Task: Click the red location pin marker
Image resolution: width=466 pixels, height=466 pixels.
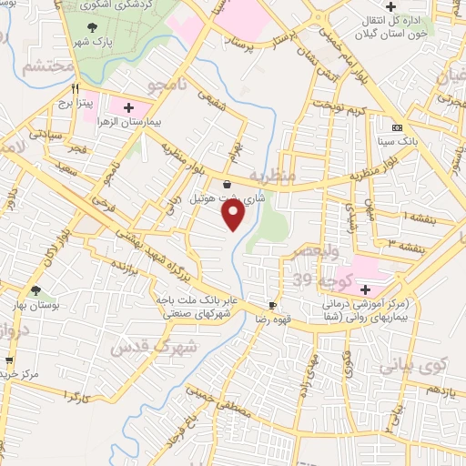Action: (x=233, y=216)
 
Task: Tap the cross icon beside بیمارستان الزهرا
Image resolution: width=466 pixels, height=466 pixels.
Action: (x=128, y=107)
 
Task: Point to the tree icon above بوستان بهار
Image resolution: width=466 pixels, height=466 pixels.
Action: (x=35, y=291)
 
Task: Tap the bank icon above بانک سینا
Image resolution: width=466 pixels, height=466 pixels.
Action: (x=397, y=127)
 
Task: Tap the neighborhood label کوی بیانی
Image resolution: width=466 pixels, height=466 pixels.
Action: (x=418, y=367)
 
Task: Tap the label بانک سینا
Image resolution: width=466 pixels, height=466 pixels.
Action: (x=397, y=141)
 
